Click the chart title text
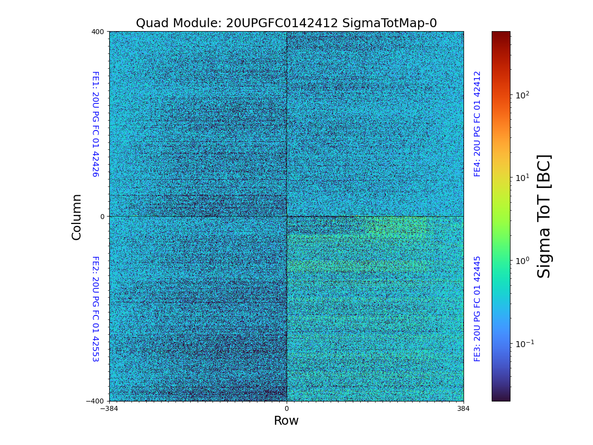pos(286,23)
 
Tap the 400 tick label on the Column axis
pos(98,32)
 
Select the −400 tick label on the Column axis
pos(95,401)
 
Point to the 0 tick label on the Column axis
pos(102,217)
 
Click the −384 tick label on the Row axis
pos(109,409)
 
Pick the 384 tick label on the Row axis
pos(464,409)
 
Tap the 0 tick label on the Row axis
pos(287,409)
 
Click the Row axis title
pos(286,421)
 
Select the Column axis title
pos(77,217)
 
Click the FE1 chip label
pos(95,124)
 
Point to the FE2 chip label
pos(95,309)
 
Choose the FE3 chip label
pos(477,309)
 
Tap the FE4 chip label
pos(477,124)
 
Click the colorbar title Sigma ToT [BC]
pos(544,217)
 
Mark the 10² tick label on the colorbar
pos(523,95)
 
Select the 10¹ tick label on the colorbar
pos(523,178)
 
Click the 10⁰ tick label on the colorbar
pos(523,261)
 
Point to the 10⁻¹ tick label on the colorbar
pos(525,343)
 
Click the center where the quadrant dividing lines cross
pos(287,216)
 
